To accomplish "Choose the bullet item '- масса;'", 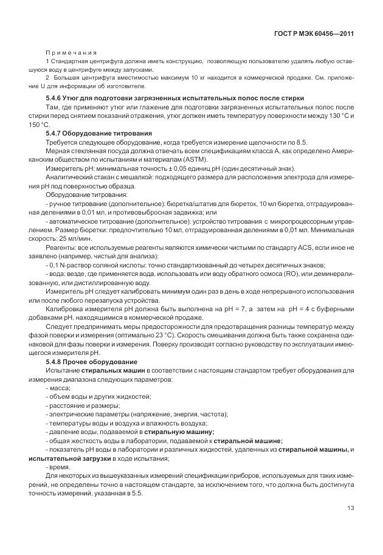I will (58, 388).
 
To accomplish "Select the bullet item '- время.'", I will (58, 467).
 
